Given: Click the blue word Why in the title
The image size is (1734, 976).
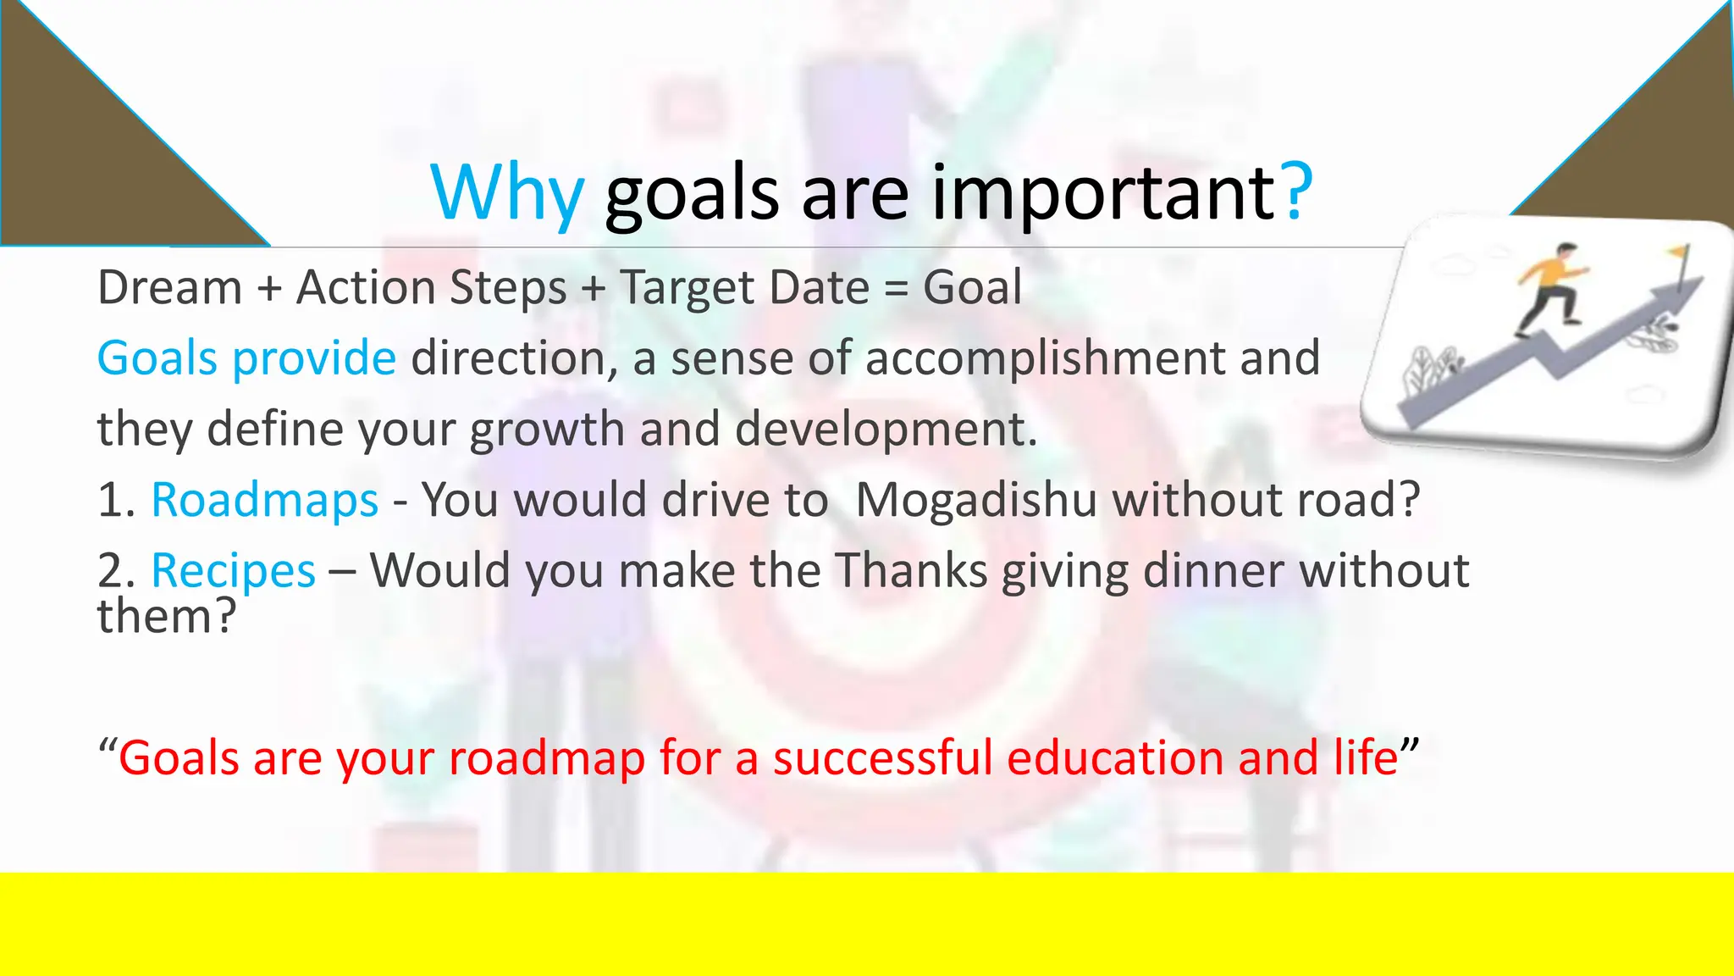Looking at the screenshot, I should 506,193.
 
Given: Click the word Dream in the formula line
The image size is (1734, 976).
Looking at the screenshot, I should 169,287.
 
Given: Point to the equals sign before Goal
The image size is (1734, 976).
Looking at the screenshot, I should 896,288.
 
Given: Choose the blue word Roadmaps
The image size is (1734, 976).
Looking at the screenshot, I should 264,499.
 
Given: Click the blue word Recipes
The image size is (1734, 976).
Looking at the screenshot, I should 233,570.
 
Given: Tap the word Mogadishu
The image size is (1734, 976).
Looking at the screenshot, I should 976,499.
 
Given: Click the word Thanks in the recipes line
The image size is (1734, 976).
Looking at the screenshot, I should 911,570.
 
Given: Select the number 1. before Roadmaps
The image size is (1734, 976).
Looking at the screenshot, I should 116,500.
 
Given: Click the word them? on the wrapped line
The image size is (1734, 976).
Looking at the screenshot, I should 166,616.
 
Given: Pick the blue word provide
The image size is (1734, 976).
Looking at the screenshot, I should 313,358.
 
